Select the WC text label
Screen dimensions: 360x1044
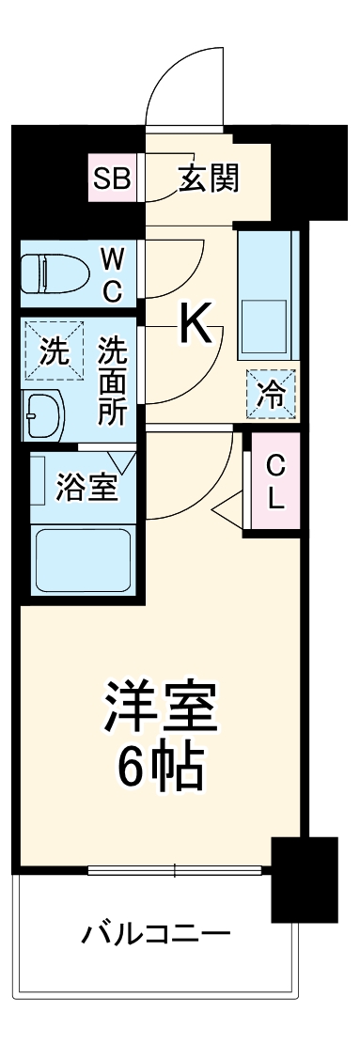pos(112,273)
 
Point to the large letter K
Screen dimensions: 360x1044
pos(195,325)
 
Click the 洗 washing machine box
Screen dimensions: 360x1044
pos(53,352)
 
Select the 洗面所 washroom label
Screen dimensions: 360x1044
pos(112,381)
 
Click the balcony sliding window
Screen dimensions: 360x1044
pos(177,870)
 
